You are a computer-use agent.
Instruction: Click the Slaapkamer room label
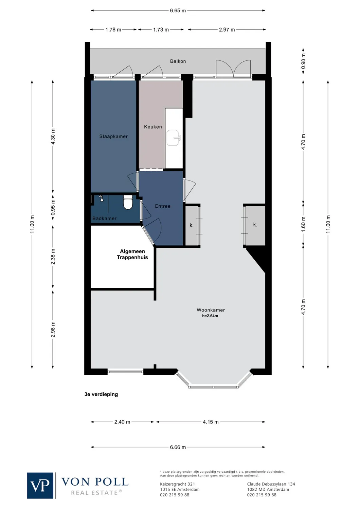(113, 136)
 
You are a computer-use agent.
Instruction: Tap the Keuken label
(153, 127)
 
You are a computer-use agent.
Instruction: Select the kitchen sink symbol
(174, 138)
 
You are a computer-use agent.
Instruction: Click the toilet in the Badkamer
(128, 203)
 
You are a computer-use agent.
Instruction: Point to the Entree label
(163, 206)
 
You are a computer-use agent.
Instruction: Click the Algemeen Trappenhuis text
(132, 254)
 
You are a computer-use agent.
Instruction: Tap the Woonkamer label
(211, 310)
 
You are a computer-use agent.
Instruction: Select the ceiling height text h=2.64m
(210, 316)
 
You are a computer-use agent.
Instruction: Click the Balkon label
(178, 61)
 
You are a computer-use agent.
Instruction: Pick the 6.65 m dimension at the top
(178, 11)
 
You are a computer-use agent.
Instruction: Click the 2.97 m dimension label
(227, 30)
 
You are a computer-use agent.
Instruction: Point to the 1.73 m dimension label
(161, 30)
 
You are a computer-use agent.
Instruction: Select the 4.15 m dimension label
(211, 422)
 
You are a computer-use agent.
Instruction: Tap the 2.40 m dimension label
(122, 422)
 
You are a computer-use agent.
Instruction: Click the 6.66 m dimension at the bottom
(178, 447)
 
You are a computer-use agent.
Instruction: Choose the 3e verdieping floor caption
(101, 394)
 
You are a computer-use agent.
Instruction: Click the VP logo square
(40, 486)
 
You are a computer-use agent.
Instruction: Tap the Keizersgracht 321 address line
(177, 484)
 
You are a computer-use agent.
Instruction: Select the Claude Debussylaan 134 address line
(271, 484)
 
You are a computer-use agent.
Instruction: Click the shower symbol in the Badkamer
(101, 199)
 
